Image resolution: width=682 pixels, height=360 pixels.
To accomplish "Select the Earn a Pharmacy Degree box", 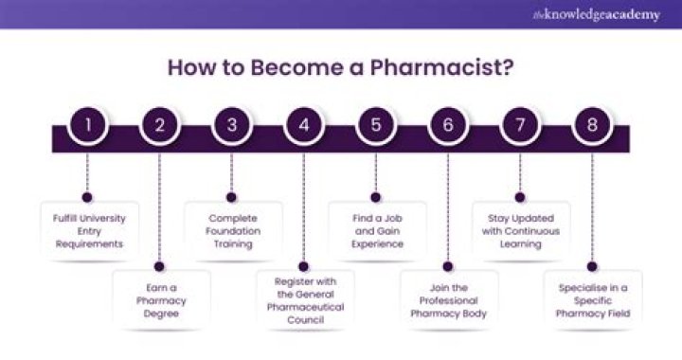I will tap(159, 300).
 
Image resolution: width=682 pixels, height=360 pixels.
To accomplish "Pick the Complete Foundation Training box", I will tap(231, 230).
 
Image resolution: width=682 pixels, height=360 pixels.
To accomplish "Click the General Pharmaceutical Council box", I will tap(304, 300).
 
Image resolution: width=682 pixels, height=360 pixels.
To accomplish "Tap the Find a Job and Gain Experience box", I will tap(376, 230).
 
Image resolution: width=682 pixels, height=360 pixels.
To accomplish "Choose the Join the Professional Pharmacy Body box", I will tap(448, 300).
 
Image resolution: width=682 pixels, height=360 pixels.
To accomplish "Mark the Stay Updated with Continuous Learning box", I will tap(520, 230).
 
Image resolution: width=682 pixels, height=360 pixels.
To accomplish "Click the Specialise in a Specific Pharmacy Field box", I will tap(592, 300).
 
